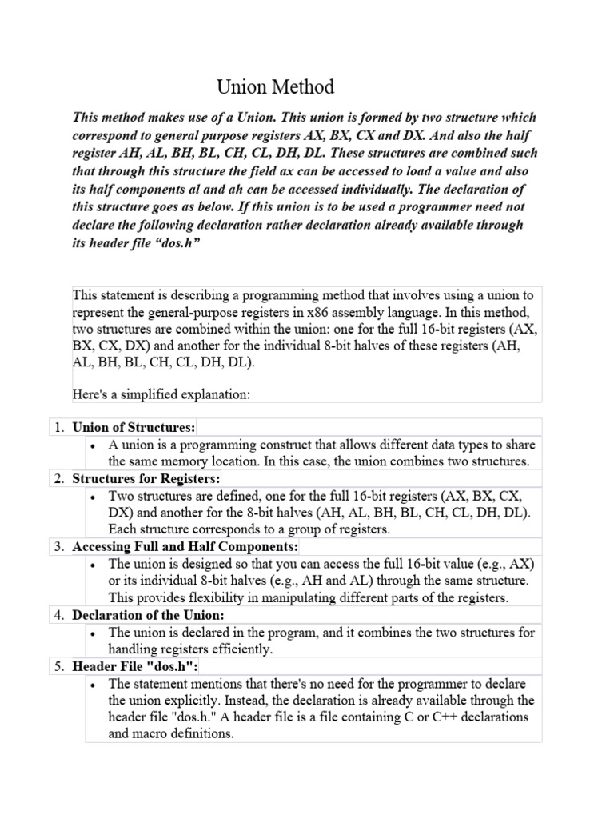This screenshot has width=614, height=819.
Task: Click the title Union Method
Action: (x=277, y=86)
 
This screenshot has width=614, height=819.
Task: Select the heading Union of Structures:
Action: (x=134, y=427)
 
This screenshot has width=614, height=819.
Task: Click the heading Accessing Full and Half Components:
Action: (x=185, y=547)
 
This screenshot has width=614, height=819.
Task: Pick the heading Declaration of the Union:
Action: (x=149, y=615)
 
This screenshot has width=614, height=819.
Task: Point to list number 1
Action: (x=58, y=427)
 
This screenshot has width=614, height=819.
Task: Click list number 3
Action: (x=58, y=547)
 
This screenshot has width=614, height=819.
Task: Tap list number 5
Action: (x=58, y=666)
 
